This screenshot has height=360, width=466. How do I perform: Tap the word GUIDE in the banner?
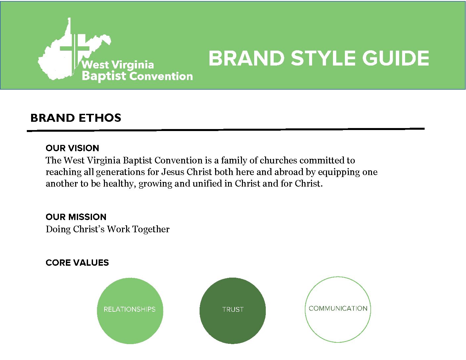[x=396, y=58]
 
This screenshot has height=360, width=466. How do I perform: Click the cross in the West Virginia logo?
[x=74, y=52]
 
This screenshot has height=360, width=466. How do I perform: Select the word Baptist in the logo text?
[x=104, y=76]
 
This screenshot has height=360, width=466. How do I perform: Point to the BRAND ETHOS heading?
[x=76, y=118]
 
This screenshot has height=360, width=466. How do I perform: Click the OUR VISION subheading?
[x=72, y=148]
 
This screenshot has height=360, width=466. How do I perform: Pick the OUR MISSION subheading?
[x=76, y=217]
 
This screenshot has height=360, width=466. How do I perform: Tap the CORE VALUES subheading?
[x=77, y=263]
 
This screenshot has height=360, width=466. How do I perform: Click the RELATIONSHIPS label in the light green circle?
[x=129, y=309]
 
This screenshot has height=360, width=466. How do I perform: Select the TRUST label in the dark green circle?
[x=233, y=309]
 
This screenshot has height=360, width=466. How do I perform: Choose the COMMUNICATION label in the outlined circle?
[x=338, y=308]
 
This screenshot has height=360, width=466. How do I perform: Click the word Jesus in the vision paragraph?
[x=173, y=172]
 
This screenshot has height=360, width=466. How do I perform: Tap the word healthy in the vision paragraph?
[x=119, y=184]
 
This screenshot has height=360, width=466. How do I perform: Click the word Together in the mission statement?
[x=151, y=229]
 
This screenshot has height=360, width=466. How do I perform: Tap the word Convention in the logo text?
[x=161, y=76]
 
